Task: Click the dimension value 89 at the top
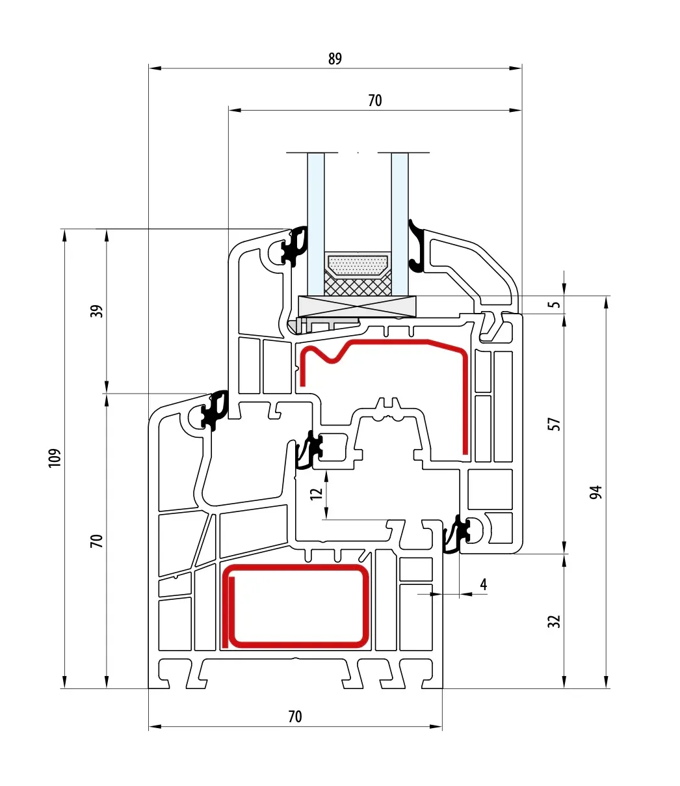(335, 59)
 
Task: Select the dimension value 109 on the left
(55, 458)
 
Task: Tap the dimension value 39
(98, 312)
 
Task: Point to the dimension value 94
(595, 493)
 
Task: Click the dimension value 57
(555, 424)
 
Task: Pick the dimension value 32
(555, 621)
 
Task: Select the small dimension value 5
(555, 305)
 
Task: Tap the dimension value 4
(483, 584)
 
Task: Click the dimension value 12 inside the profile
(316, 494)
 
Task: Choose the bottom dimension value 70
(295, 717)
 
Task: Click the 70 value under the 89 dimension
(375, 101)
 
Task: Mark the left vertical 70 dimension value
(98, 541)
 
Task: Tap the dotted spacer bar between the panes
(358, 265)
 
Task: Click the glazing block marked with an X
(358, 306)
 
